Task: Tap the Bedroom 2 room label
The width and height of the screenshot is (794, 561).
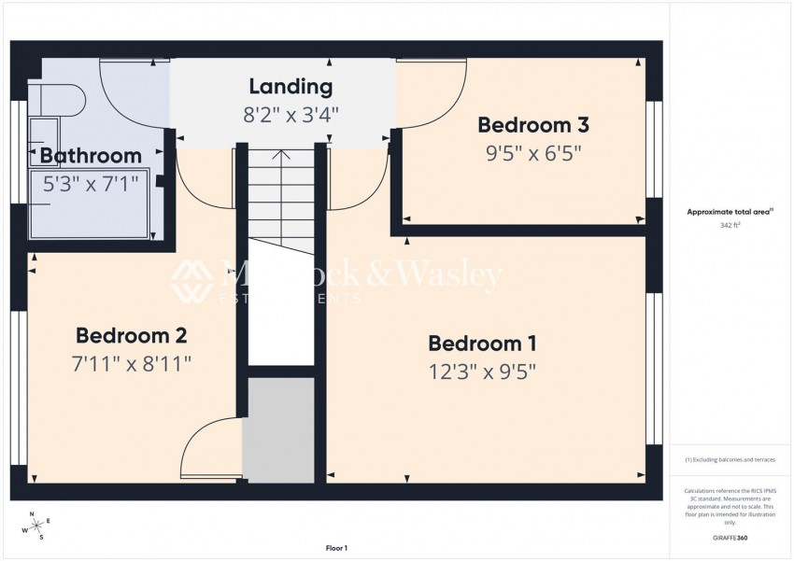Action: (x=132, y=335)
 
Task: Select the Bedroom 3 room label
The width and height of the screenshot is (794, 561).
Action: (x=532, y=125)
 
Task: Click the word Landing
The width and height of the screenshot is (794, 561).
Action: (x=291, y=87)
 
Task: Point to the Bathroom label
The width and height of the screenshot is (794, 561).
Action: (x=91, y=156)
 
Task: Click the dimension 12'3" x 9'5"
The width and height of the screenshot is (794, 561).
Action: (x=482, y=371)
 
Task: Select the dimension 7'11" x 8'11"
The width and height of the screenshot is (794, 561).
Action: (x=132, y=363)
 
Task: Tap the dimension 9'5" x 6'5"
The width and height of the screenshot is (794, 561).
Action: (x=532, y=153)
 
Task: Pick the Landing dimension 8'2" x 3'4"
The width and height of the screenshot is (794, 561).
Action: (x=291, y=115)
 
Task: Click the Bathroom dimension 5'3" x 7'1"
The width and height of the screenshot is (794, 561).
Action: (x=91, y=184)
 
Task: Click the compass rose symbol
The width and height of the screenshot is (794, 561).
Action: (x=36, y=526)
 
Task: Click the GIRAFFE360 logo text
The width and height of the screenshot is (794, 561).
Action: (x=729, y=538)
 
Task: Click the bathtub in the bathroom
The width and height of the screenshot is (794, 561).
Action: (x=89, y=205)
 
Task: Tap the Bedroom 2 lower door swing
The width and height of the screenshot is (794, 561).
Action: (x=207, y=450)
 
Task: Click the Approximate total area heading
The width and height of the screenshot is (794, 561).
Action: (x=729, y=213)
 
